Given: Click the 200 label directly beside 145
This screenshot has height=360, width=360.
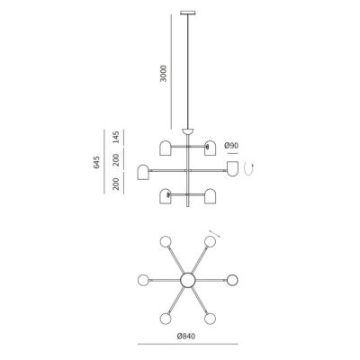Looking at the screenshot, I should tap(116, 159).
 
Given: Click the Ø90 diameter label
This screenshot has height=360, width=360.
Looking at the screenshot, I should tap(231, 145).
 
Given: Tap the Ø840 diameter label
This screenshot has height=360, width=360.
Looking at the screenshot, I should tap(186, 337).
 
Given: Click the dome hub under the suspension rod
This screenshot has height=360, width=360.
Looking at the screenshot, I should tap(188, 132).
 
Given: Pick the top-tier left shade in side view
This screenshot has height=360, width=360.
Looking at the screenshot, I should tap(166, 147).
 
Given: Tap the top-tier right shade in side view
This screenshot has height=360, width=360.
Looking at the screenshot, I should tap(211, 147).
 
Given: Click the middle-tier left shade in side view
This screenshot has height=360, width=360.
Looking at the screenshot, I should tap(144, 171).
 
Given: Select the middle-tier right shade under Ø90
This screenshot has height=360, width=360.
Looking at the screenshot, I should tap(232, 169).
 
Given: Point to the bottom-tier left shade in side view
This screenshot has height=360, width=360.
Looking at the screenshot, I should tap(166, 195).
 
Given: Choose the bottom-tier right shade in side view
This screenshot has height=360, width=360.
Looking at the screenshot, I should tap(211, 195).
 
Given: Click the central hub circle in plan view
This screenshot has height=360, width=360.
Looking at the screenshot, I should tap(188, 280).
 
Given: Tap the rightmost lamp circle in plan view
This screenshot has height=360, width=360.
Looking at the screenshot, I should tap(232, 280).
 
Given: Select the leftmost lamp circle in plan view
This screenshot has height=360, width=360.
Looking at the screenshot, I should tap(144, 280).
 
